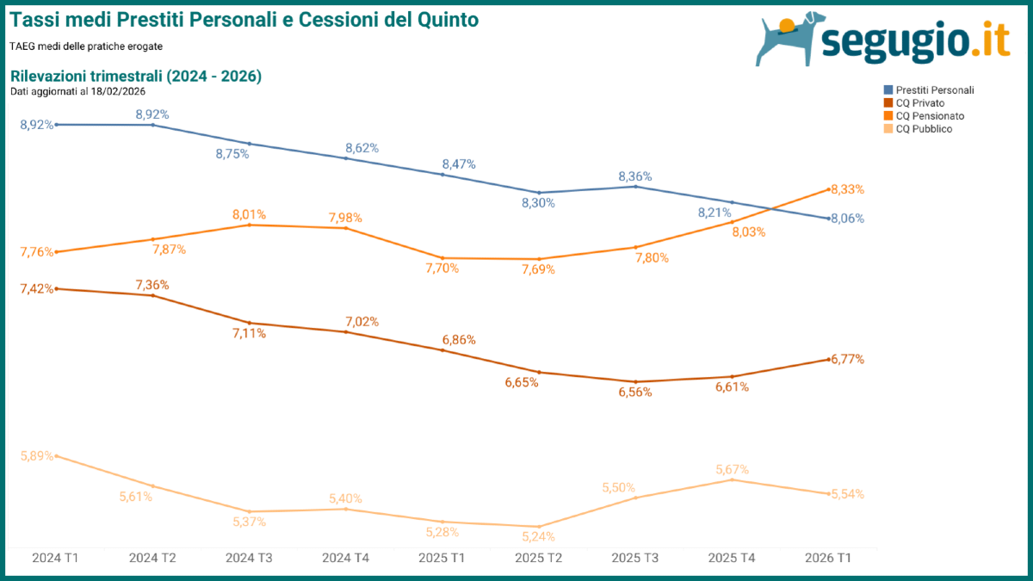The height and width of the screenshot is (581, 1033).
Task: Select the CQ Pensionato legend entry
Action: coord(928,115)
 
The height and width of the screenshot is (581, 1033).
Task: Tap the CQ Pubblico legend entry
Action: coord(922,128)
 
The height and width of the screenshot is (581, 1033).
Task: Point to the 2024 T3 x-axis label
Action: coord(249,558)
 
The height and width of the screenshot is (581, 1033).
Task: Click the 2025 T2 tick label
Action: coord(538,558)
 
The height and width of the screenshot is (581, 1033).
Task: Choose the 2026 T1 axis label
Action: coord(828,558)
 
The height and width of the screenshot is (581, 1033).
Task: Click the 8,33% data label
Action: coord(847,189)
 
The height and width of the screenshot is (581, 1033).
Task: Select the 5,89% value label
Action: coord(37,455)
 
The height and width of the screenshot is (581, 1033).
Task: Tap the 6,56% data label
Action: coord(635,392)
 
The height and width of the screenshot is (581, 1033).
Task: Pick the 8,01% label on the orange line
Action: coord(249,214)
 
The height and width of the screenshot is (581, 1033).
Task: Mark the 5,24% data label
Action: coord(539,536)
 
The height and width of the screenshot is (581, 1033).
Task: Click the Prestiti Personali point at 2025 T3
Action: coord(635,186)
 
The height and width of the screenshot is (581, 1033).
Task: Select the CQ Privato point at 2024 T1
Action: coord(56,289)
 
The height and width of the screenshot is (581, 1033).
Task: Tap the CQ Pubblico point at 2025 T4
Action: coord(732,479)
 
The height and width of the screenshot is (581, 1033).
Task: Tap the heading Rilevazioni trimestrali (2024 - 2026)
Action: coord(136,76)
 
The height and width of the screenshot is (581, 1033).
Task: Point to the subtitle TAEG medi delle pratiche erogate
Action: coord(86,46)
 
